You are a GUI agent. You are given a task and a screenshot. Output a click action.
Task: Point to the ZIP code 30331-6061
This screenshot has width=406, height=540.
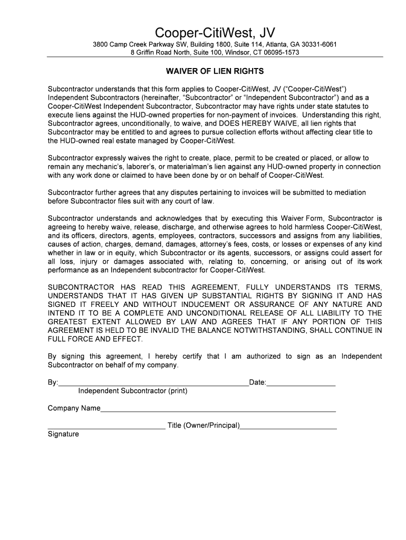(x=314, y=44)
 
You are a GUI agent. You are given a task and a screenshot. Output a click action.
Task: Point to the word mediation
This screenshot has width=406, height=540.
(x=345, y=192)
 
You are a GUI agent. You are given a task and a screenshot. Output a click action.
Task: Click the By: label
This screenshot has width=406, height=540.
(x=53, y=382)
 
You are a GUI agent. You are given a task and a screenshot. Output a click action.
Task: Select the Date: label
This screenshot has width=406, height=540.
(x=257, y=382)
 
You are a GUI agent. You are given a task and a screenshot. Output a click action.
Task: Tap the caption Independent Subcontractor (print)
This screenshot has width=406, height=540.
(x=132, y=391)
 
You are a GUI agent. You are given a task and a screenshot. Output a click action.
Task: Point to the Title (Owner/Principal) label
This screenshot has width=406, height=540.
(x=204, y=425)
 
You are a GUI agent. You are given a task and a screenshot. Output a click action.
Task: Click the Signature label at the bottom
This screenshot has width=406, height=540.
(x=63, y=434)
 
